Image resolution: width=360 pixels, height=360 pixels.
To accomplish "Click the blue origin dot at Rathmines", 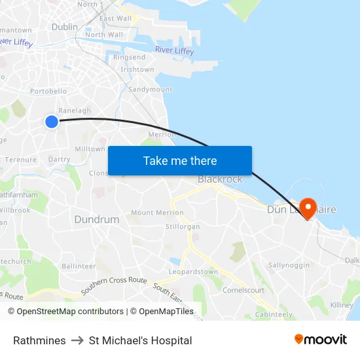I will pos(52,121).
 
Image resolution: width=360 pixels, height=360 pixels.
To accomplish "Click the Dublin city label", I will pos(64,27).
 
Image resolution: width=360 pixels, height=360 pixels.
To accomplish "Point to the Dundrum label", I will pos(97,220).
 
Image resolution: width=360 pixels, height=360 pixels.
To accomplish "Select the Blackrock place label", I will pos(220,179).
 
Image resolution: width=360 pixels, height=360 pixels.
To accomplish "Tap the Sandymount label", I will pos(151,89).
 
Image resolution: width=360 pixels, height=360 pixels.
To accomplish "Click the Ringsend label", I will pos(130,58).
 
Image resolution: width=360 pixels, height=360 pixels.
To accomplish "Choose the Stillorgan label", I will pos(183,226).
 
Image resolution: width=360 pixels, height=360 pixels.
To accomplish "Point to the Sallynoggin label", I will pos(289,265).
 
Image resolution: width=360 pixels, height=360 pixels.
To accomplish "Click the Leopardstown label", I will pos(193,272).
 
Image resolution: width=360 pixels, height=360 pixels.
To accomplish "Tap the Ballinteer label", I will pos(79,266).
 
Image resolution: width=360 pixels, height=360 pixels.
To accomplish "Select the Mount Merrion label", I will pos(157,213).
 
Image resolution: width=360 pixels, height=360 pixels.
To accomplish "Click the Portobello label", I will pos(48,92).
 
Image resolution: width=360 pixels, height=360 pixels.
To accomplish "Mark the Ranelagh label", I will pos(75,111).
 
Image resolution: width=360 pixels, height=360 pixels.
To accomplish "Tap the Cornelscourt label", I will pos(243,290).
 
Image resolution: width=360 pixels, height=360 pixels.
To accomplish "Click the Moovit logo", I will pos(321,340).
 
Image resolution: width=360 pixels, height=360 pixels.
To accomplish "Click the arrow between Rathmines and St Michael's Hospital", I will pos(77,340).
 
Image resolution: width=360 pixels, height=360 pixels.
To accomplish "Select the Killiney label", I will pos(342,305).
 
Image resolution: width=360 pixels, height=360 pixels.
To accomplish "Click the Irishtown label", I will pos(137,69).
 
